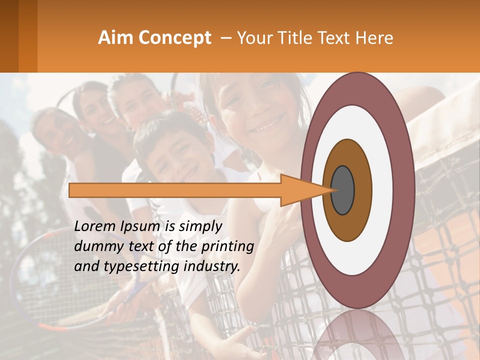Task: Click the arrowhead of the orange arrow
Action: coord(305,190)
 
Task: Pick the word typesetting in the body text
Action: coord(135,267)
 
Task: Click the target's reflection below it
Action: coord(357,335)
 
